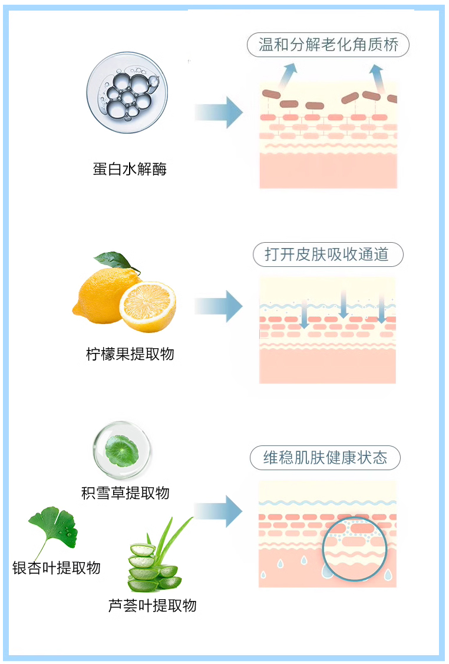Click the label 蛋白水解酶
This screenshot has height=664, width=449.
[130, 170]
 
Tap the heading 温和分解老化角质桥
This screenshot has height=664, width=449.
[328, 45]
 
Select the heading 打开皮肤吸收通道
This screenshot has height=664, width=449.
[328, 255]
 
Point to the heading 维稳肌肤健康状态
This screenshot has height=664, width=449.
[325, 458]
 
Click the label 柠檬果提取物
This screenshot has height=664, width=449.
[130, 354]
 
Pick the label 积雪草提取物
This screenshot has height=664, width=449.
[126, 493]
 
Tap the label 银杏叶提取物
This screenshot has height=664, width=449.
[57, 567]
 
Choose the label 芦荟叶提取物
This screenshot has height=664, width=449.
[153, 605]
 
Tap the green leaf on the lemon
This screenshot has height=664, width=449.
[114, 260]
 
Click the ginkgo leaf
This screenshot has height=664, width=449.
[54, 526]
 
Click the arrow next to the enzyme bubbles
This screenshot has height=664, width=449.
[219, 111]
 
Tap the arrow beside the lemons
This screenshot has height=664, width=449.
[219, 306]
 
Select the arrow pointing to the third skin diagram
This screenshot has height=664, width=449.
[219, 511]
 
